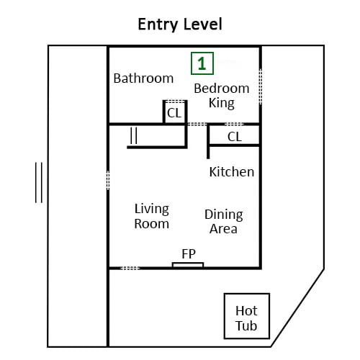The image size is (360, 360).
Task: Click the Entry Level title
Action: coord(180,24)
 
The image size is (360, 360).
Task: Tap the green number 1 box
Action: coord(202,63)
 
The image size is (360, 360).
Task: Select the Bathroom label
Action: coord(143,78)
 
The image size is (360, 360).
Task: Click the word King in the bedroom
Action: coord(222,103)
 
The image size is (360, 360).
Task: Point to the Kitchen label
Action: coord(232,172)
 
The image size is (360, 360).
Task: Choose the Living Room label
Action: coord(152,216)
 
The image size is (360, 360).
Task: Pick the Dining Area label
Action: coord(224,222)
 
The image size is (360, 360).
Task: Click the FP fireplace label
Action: coord(189,254)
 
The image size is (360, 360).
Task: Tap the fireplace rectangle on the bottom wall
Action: coord(188,265)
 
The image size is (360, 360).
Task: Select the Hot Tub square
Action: coord(247,316)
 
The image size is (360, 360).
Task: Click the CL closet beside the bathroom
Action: coord(174,113)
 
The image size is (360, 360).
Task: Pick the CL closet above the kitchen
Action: coord(235,137)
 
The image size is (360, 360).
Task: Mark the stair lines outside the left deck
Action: coord(39,182)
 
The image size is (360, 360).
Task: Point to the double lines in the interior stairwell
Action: coord(134,135)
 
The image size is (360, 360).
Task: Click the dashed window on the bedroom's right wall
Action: coord(261,86)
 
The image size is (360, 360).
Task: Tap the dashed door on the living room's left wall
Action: coord(108,180)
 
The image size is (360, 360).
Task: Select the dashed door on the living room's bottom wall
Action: coord(130,268)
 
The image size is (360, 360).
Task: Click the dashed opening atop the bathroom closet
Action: coord(175,102)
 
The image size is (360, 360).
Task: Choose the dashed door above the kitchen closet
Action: coord(234,124)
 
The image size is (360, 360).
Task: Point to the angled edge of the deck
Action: coord(297,308)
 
